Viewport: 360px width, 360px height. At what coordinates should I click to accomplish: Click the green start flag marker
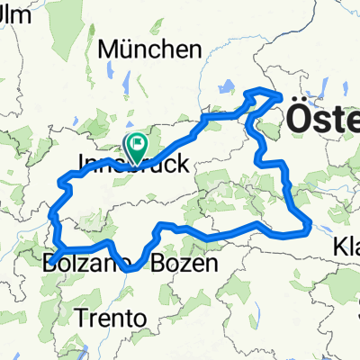pyautogui.click(x=137, y=143)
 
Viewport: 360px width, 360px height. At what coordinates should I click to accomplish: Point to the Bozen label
pyautogui.click(x=184, y=264)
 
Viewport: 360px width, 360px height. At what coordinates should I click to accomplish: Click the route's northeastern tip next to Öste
pyautogui.click(x=280, y=94)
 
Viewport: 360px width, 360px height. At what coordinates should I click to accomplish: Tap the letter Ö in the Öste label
pyautogui.click(x=298, y=117)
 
